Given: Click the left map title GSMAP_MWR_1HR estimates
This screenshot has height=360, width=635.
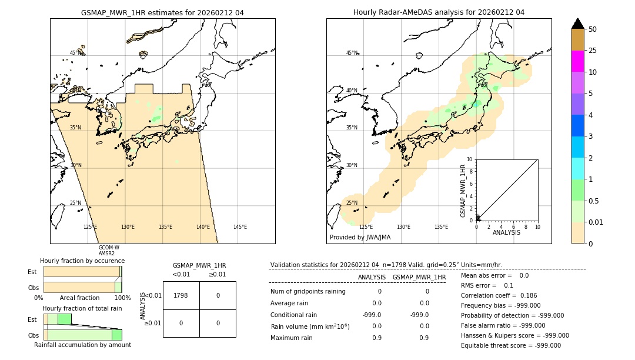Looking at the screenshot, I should [x=162, y=12].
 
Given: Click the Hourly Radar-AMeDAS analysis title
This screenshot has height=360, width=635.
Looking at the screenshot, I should [x=439, y=12].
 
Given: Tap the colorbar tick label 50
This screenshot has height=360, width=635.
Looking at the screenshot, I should [x=593, y=29].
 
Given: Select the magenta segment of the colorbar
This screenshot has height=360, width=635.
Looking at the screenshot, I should [x=578, y=61].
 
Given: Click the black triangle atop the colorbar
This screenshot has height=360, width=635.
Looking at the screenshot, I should [x=578, y=24].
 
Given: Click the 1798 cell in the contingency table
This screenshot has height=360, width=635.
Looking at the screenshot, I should [x=181, y=295].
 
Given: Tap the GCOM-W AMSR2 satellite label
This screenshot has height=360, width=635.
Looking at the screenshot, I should [x=109, y=251].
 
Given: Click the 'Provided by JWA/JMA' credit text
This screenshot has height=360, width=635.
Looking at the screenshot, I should [x=360, y=237].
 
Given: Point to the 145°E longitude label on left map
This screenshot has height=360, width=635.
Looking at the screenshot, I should [x=240, y=227].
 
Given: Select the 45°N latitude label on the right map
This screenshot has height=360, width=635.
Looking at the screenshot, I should [x=352, y=53].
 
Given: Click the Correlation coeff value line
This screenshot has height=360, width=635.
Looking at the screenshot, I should [x=499, y=295].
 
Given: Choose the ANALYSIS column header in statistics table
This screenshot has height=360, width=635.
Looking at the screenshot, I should [x=372, y=277].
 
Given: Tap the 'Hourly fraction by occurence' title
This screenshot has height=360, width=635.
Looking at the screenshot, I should [x=82, y=261].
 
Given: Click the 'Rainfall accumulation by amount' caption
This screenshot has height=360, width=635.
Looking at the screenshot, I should [x=82, y=345].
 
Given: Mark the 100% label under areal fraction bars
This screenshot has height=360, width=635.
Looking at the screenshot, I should [x=122, y=298].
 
